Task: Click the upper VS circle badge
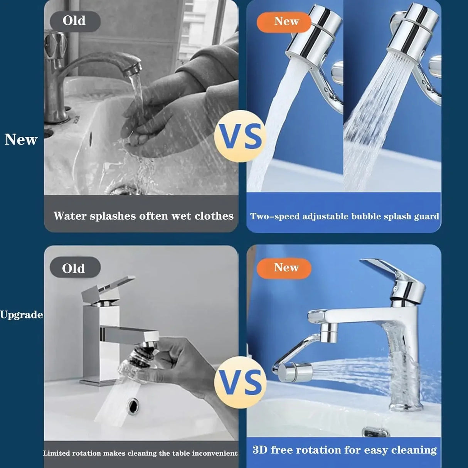[241, 136]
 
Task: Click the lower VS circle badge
[241, 382]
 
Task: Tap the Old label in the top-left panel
[75, 21]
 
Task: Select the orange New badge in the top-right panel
[284, 22]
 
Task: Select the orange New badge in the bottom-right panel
[284, 268]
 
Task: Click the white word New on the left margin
[21, 140]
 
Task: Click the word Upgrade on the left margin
[21, 315]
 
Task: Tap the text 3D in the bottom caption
[260, 450]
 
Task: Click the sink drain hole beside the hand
[133, 406]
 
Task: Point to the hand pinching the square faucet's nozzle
[173, 359]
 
